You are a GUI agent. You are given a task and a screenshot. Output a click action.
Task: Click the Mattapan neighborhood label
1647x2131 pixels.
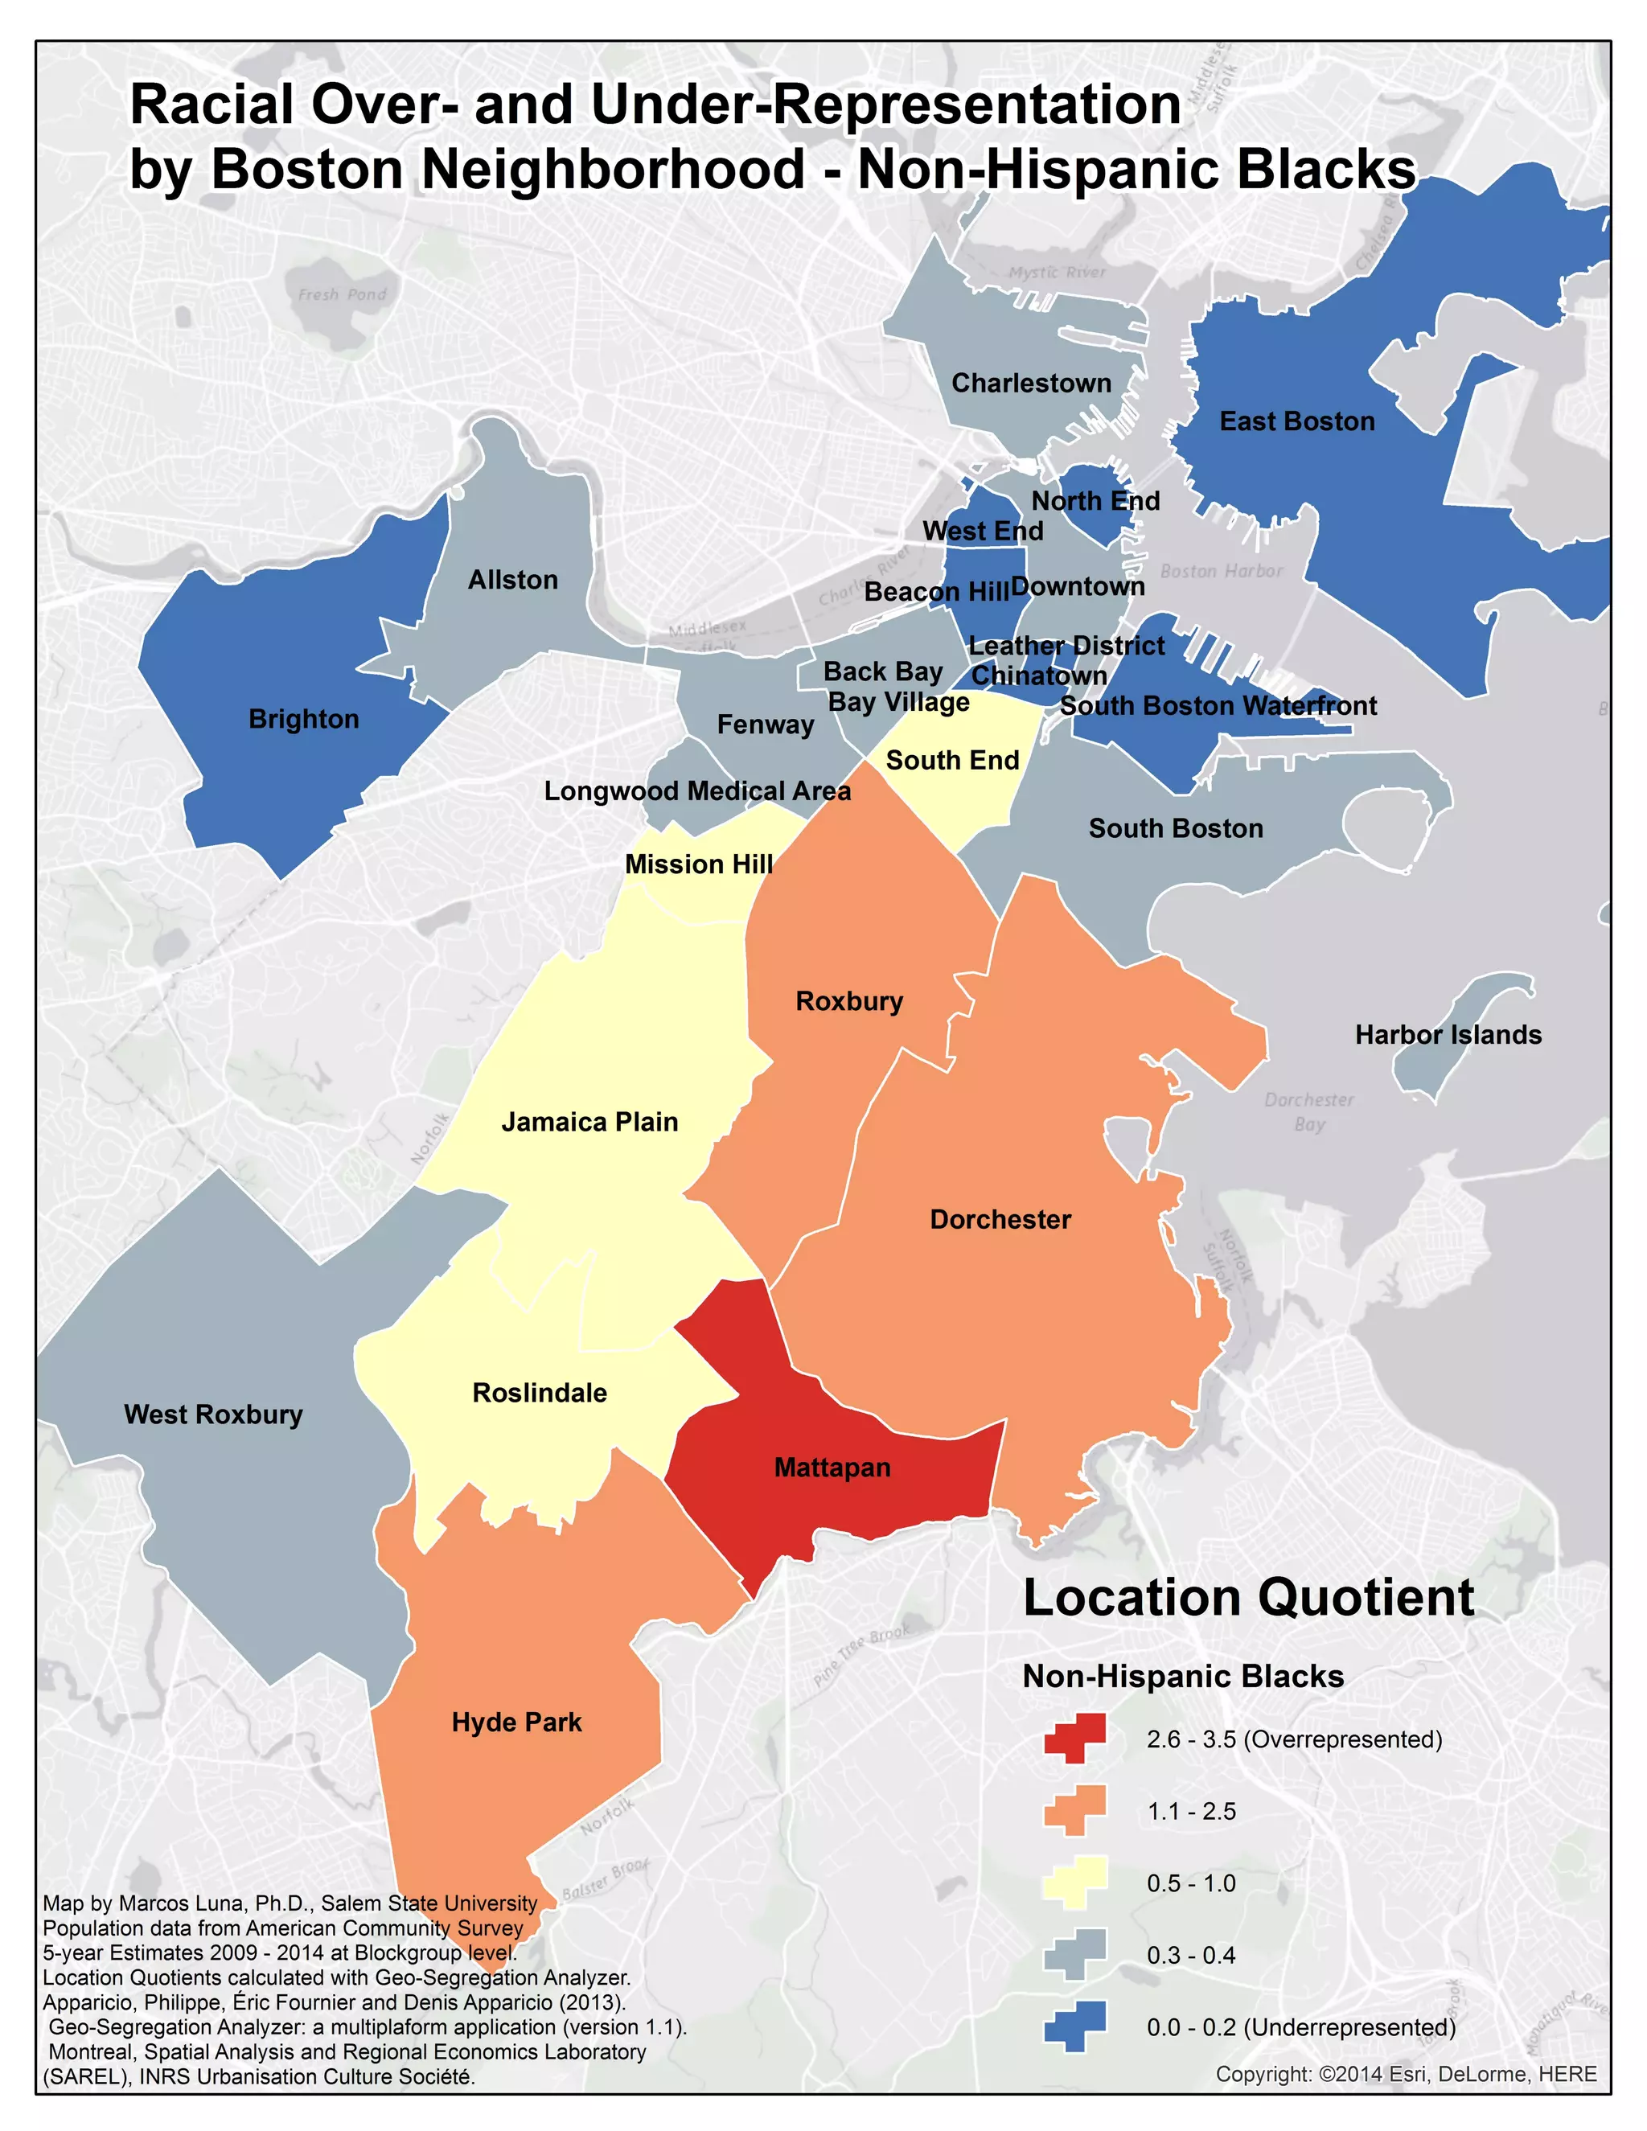[832, 1468]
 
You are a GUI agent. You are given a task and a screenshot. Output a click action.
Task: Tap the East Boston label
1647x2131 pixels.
[1296, 421]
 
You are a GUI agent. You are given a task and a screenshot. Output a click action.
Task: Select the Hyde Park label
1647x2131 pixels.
[516, 1722]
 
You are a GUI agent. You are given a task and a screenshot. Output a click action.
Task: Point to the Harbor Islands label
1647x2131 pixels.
[1447, 1034]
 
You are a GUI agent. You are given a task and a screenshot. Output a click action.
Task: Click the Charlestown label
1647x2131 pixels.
[1030, 384]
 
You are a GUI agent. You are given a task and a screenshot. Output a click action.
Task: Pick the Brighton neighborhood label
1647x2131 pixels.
[303, 719]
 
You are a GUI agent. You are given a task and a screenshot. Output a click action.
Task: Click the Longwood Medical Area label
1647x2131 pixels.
[696, 790]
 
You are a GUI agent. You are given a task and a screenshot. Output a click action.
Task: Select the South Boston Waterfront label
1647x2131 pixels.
[1218, 705]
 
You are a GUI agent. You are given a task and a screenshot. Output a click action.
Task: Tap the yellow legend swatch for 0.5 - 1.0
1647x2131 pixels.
[1074, 1883]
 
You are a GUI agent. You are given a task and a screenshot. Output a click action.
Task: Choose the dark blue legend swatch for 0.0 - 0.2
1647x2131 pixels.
[1074, 2026]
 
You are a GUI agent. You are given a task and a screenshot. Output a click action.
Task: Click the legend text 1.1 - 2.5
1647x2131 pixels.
[1190, 1811]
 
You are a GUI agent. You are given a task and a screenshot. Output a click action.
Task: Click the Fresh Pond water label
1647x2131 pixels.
[342, 294]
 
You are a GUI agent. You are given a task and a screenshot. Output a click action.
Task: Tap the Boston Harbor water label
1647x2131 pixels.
[1221, 571]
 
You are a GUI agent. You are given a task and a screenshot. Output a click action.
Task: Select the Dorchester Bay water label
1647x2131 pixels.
[1308, 1111]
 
